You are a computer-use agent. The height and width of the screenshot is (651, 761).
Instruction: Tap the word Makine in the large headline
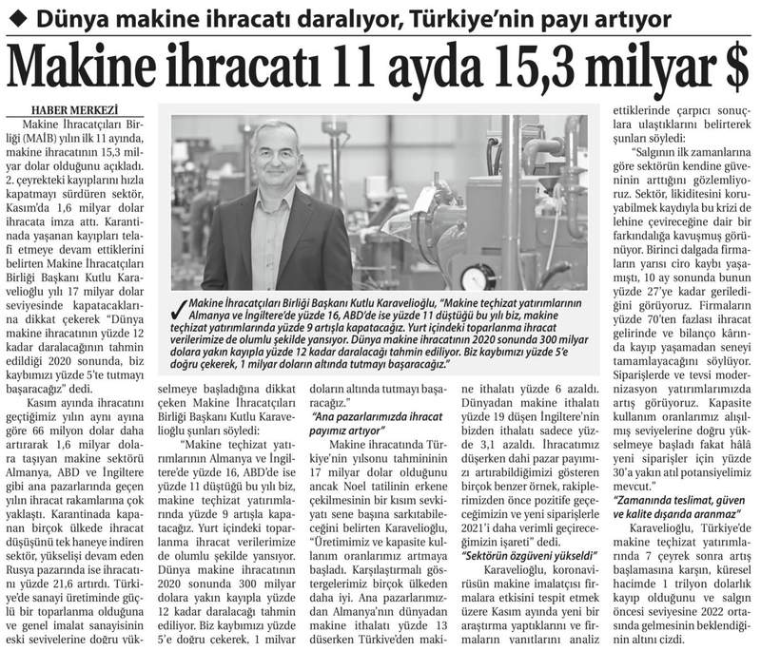point(90,65)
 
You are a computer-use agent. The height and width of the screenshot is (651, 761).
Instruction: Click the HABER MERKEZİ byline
point(68,108)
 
